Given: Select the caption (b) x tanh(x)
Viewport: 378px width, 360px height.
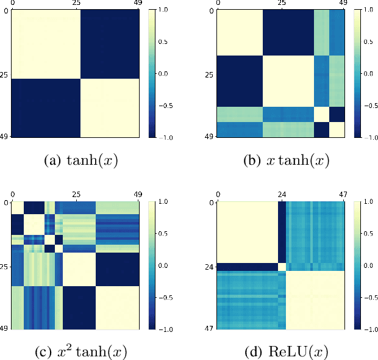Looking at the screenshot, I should click(x=282, y=161).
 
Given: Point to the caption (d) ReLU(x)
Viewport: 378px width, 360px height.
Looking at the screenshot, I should click(x=282, y=352).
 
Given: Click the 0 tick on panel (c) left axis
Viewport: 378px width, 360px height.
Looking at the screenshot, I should click(x=7, y=203).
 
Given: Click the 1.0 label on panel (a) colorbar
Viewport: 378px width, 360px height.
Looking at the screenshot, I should click(x=164, y=10).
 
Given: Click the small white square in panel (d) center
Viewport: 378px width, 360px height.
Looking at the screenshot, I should click(x=282, y=267).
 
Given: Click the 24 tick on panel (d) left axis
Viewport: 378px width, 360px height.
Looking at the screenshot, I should click(x=210, y=266).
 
